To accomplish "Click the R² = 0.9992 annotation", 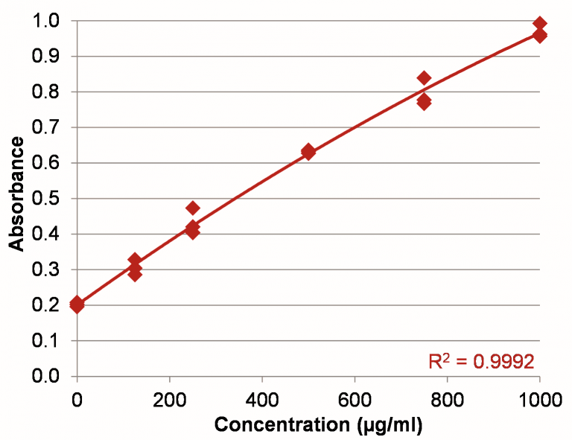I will point(481,362).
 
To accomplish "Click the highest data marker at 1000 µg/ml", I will point(540,24).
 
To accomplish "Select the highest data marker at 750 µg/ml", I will point(424,78).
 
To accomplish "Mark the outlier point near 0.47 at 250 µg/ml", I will point(193,208).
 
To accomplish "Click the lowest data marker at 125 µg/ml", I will point(135,274).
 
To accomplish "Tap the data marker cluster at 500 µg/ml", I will point(308,152).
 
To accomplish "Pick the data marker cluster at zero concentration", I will point(77,304).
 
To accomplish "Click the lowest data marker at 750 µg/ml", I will point(424,103).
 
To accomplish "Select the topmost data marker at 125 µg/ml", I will point(135,260).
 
